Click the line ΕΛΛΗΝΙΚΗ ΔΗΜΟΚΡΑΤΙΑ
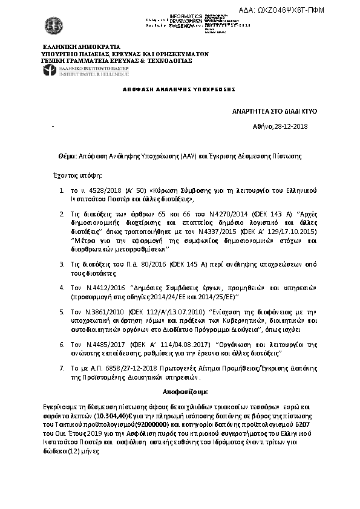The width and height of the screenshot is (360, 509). click(80, 47)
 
